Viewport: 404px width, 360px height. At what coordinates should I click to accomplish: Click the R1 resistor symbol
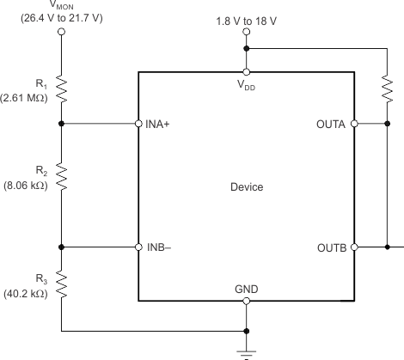(61, 87)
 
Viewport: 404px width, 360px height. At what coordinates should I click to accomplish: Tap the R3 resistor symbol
(61, 283)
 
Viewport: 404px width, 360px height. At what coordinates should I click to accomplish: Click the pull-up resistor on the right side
(388, 87)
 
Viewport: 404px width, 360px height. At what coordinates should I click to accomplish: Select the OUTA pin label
(330, 124)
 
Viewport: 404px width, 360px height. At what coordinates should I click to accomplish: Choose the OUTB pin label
(330, 247)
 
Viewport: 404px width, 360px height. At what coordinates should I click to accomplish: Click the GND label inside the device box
(247, 290)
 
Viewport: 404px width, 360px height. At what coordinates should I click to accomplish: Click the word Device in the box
(247, 186)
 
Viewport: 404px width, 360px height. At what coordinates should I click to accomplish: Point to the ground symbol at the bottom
(247, 350)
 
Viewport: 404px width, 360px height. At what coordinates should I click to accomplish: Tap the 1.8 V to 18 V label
(247, 18)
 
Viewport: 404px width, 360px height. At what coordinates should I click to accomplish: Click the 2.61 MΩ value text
(25, 97)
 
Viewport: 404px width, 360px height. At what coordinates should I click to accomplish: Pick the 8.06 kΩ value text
(25, 184)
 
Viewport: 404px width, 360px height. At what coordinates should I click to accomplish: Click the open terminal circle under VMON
(61, 33)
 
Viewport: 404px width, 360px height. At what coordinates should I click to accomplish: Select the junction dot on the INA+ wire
(61, 124)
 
